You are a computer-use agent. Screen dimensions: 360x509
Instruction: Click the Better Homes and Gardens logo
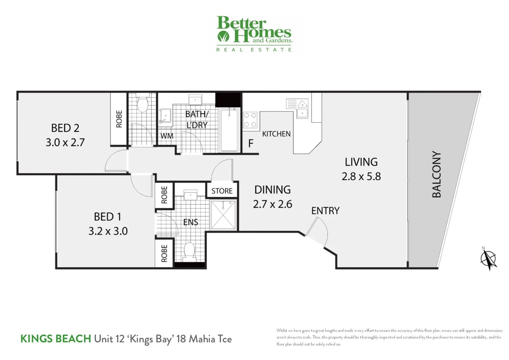[x=254, y=34]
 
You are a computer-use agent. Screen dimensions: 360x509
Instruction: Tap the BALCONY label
[x=436, y=174]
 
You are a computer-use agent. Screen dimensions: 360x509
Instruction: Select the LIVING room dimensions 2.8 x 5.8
[x=361, y=176]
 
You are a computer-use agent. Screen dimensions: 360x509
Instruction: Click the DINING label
[x=272, y=190]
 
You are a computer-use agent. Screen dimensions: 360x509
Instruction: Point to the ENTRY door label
[x=325, y=211]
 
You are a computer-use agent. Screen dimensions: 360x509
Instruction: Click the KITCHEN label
[x=276, y=134]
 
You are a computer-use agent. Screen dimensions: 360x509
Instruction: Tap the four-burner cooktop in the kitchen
[x=250, y=120]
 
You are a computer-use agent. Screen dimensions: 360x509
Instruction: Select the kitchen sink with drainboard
[x=297, y=108]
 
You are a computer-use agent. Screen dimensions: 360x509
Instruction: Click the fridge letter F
[x=251, y=144]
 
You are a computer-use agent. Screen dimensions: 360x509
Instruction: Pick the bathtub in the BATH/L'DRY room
[x=229, y=129]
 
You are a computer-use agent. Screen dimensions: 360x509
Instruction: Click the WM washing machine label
[x=167, y=136]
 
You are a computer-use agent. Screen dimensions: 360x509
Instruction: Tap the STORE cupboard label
[x=222, y=191]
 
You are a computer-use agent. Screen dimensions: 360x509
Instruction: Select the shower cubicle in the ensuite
[x=223, y=215]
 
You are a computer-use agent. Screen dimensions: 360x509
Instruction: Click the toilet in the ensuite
[x=189, y=252]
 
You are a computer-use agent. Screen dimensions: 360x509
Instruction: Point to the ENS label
[x=191, y=222]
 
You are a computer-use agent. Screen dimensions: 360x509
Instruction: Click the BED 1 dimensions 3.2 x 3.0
[x=108, y=231]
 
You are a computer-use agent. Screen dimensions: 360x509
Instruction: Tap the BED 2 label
[x=65, y=128]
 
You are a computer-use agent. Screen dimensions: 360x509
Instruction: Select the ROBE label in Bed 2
[x=119, y=119]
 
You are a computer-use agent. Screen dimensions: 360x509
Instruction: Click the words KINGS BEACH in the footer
[x=55, y=339]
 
